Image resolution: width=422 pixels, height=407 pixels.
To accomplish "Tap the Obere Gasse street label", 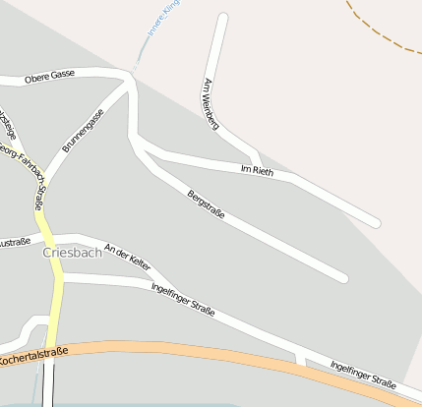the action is [50, 76].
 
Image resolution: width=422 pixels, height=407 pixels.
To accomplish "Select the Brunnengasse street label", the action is [84, 130].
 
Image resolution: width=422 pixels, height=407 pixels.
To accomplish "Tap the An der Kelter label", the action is [128, 257].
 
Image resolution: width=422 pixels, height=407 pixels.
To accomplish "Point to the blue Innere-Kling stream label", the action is [162, 21].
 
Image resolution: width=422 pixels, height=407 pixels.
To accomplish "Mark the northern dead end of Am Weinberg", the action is [223, 18].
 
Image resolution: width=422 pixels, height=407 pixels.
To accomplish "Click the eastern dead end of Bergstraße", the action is [343, 278].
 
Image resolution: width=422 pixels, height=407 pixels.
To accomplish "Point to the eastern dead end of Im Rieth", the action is [376, 223].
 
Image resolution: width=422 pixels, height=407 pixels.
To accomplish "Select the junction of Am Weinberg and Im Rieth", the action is [259, 163].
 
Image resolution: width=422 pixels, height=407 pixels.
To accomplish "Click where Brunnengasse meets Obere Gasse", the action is [127, 79].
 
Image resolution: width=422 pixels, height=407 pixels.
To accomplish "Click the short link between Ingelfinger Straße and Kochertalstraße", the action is [301, 359].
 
